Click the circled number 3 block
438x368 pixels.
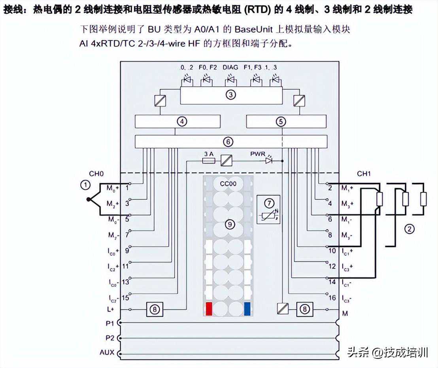coord(230,95)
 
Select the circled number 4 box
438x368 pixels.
coord(181,121)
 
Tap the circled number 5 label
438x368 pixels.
coord(281,121)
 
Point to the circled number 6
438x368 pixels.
coord(229,141)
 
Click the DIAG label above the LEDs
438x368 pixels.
coord(230,67)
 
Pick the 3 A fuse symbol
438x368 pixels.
coord(208,161)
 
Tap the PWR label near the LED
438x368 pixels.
coord(258,153)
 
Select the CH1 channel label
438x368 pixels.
coord(364,174)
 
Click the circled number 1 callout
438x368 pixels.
coord(85,184)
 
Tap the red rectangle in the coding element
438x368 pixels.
coord(209,309)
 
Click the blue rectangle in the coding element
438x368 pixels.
coord(247,309)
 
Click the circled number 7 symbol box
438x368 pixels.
coord(268,209)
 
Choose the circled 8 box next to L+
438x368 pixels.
coord(155,309)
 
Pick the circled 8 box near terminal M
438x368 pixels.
coord(305,309)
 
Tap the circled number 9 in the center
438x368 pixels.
coord(229,225)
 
